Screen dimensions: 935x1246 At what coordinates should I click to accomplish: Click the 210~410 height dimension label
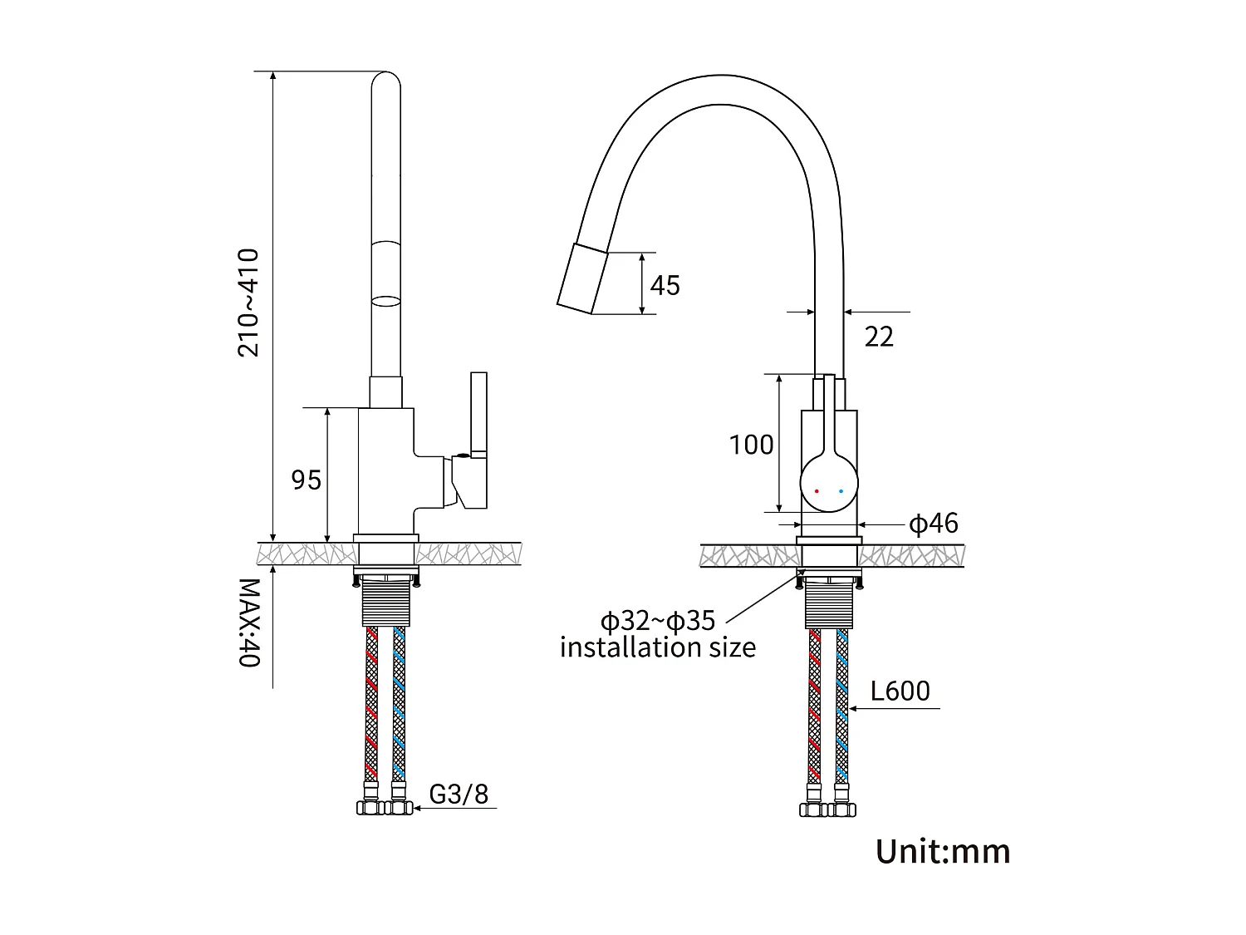pos(248,303)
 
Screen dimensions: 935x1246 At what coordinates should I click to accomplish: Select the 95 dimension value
pos(306,480)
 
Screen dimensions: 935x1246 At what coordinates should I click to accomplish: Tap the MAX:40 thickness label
pos(249,623)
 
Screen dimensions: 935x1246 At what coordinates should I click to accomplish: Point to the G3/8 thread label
pos(459,794)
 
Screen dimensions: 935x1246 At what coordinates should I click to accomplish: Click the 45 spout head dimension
pos(665,285)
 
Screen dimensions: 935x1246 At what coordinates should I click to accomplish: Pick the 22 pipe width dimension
pos(879,337)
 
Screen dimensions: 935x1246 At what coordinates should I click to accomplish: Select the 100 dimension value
pos(751,445)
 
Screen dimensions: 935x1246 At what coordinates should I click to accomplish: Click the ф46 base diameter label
pos(933,524)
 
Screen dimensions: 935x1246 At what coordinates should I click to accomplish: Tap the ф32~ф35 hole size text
pos(657,620)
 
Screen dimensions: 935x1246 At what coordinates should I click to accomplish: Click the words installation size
pos(657,647)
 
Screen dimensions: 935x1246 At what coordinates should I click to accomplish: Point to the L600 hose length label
pos(900,691)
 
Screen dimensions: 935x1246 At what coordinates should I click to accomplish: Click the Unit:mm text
pos(943,851)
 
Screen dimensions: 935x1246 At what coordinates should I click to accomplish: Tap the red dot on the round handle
pos(817,491)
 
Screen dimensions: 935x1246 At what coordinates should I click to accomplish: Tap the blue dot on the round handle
pos(841,491)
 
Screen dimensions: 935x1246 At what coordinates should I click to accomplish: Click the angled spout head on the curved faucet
pos(584,279)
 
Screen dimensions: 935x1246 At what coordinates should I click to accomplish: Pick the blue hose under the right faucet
pos(842,706)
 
